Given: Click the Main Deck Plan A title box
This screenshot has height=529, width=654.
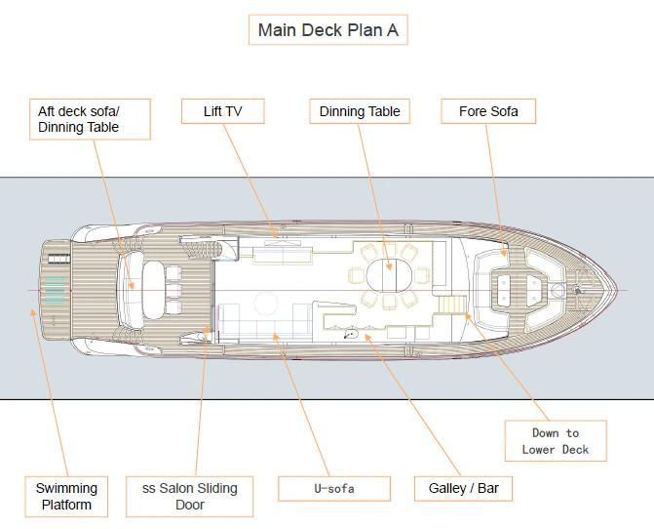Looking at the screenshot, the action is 327,30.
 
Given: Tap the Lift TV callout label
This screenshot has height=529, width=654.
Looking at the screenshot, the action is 223,111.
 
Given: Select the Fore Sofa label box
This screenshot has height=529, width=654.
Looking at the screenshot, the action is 488,111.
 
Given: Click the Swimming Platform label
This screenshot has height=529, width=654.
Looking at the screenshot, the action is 66,497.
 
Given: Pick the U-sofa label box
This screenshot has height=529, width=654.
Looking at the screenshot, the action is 334,489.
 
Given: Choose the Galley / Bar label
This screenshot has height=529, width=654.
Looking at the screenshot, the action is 463,489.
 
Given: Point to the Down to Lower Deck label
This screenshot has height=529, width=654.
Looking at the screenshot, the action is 556,441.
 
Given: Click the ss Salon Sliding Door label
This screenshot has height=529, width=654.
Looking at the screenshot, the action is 190,497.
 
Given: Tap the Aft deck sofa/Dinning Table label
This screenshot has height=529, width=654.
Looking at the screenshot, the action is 90,119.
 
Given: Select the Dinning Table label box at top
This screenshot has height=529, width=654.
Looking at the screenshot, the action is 360,111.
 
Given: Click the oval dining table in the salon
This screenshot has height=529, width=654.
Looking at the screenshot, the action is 389,275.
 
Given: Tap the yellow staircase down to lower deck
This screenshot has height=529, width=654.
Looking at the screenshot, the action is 451,305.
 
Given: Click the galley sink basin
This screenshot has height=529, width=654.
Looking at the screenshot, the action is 351,334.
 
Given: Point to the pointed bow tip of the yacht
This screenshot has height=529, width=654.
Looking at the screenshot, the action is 616,290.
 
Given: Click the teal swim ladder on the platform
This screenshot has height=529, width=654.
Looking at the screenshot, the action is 55,290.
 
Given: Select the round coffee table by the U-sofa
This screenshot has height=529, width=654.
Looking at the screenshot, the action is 266,304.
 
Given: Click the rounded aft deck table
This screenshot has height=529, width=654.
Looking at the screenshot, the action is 153,290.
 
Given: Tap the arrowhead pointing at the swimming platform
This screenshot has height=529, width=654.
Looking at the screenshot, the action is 32,312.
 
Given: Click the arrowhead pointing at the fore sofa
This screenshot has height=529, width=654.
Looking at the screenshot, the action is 504,253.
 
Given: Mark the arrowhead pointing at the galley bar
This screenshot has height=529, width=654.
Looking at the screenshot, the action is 367,338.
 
